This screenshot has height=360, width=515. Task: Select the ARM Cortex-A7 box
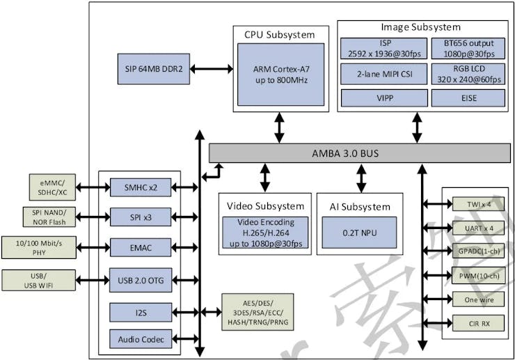(x=280, y=73)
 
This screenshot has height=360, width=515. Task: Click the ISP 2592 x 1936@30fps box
(x=383, y=48)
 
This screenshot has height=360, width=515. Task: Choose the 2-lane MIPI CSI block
(x=383, y=75)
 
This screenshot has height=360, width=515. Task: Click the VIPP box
(x=383, y=98)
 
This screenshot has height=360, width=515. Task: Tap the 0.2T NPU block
(x=360, y=233)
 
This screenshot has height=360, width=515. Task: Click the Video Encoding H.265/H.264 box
(x=264, y=233)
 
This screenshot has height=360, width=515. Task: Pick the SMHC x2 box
(x=140, y=187)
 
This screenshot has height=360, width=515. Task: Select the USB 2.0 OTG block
(x=140, y=280)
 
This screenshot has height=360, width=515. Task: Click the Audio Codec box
(x=140, y=339)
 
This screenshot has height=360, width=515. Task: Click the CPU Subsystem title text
(x=279, y=34)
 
